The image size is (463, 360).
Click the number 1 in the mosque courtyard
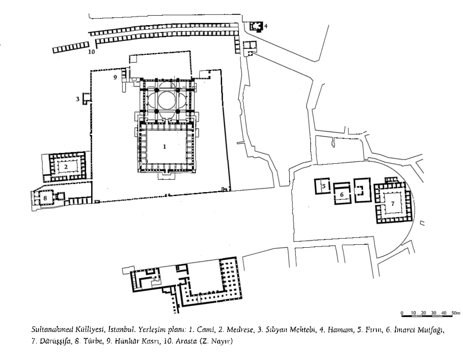tap(165, 146)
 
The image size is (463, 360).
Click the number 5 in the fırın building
tap(324, 186)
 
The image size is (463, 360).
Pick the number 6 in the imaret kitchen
tap(341, 194)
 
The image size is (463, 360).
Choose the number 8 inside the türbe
tap(45, 198)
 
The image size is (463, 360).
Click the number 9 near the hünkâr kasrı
tap(115, 77)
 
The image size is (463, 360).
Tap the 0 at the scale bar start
tap(402, 313)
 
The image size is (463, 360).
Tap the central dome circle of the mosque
tap(168, 100)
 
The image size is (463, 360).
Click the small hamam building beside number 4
tap(256, 27)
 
